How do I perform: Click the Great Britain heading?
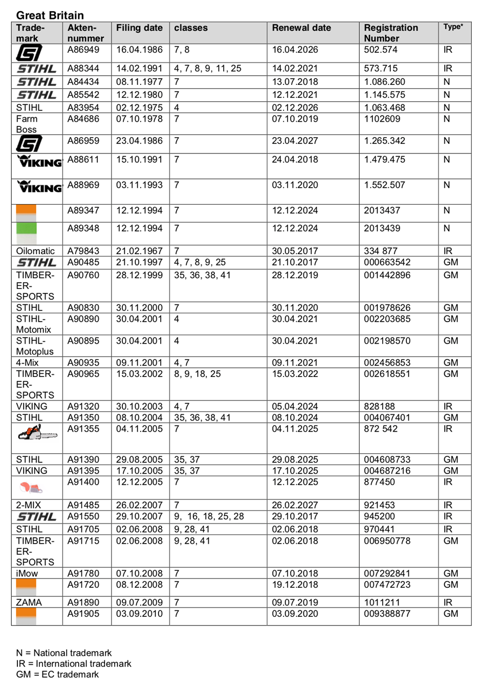point(50,15)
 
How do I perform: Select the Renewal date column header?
point(301,28)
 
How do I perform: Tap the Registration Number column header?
point(390,33)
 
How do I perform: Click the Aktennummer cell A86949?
point(83,50)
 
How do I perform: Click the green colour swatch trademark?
point(26,229)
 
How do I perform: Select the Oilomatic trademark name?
point(35,251)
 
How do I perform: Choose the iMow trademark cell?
point(27,573)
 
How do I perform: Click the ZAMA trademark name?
point(29,603)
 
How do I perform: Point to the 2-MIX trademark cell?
point(29,505)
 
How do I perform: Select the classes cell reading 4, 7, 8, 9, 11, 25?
point(207,69)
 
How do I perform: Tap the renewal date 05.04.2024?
point(295,407)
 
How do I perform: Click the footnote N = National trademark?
point(64,653)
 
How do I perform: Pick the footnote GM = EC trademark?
point(57,675)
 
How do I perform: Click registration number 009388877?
point(387,614)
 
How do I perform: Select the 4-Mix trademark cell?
point(27,363)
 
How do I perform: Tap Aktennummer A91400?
point(83,482)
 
